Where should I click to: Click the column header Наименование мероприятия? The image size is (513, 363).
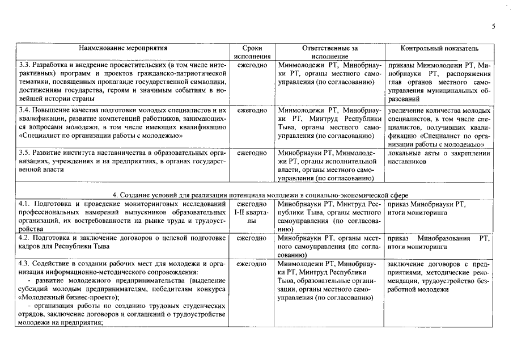pyautogui.click(x=123, y=49)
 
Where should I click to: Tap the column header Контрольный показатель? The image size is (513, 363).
pyautogui.click(x=439, y=49)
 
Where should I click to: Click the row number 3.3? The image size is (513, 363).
pyautogui.click(x=25, y=66)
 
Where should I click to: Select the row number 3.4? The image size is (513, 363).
pyautogui.click(x=25, y=110)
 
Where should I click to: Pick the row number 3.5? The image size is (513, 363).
pyautogui.click(x=25, y=153)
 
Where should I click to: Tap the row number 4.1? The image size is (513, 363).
pyautogui.click(x=25, y=204)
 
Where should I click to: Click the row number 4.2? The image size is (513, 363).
pyautogui.click(x=25, y=238)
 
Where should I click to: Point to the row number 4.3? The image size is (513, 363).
pyautogui.click(x=25, y=264)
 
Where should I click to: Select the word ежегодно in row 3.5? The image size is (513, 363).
pyautogui.click(x=252, y=153)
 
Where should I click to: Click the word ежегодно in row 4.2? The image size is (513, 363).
pyautogui.click(x=252, y=238)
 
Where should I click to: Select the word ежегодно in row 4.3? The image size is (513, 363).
pyautogui.click(x=252, y=264)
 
